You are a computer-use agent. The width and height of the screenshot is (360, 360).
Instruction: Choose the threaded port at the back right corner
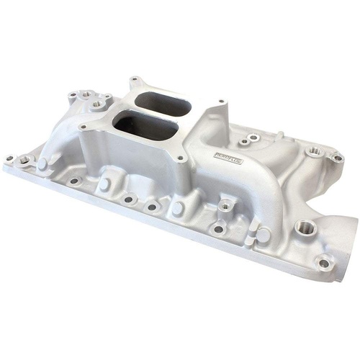pyautogui.click(x=315, y=153)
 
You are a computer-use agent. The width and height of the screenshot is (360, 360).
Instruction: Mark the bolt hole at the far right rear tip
pyautogui.click(x=337, y=157)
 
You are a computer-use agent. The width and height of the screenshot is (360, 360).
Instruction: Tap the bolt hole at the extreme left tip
pyautogui.click(x=9, y=158)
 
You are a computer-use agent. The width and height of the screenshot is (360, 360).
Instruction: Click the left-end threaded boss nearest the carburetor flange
pyautogui.click(x=98, y=104)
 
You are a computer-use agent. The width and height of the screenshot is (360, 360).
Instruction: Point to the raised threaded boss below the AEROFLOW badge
pyautogui.click(x=225, y=206)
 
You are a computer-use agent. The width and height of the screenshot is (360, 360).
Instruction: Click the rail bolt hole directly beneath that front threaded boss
pyautogui.click(x=218, y=229)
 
